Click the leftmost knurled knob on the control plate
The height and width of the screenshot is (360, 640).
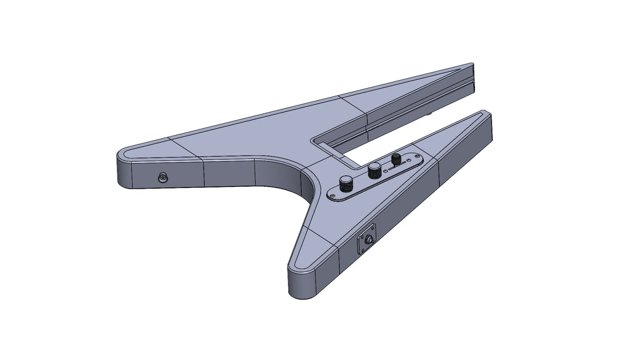click(345, 182)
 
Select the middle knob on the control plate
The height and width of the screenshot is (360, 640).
click(374, 169)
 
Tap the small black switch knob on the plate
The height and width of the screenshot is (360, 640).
click(396, 159)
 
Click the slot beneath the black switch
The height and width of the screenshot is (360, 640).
click(393, 167)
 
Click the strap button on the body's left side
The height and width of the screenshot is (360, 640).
click(163, 178)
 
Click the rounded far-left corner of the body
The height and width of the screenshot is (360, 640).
click(121, 156)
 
